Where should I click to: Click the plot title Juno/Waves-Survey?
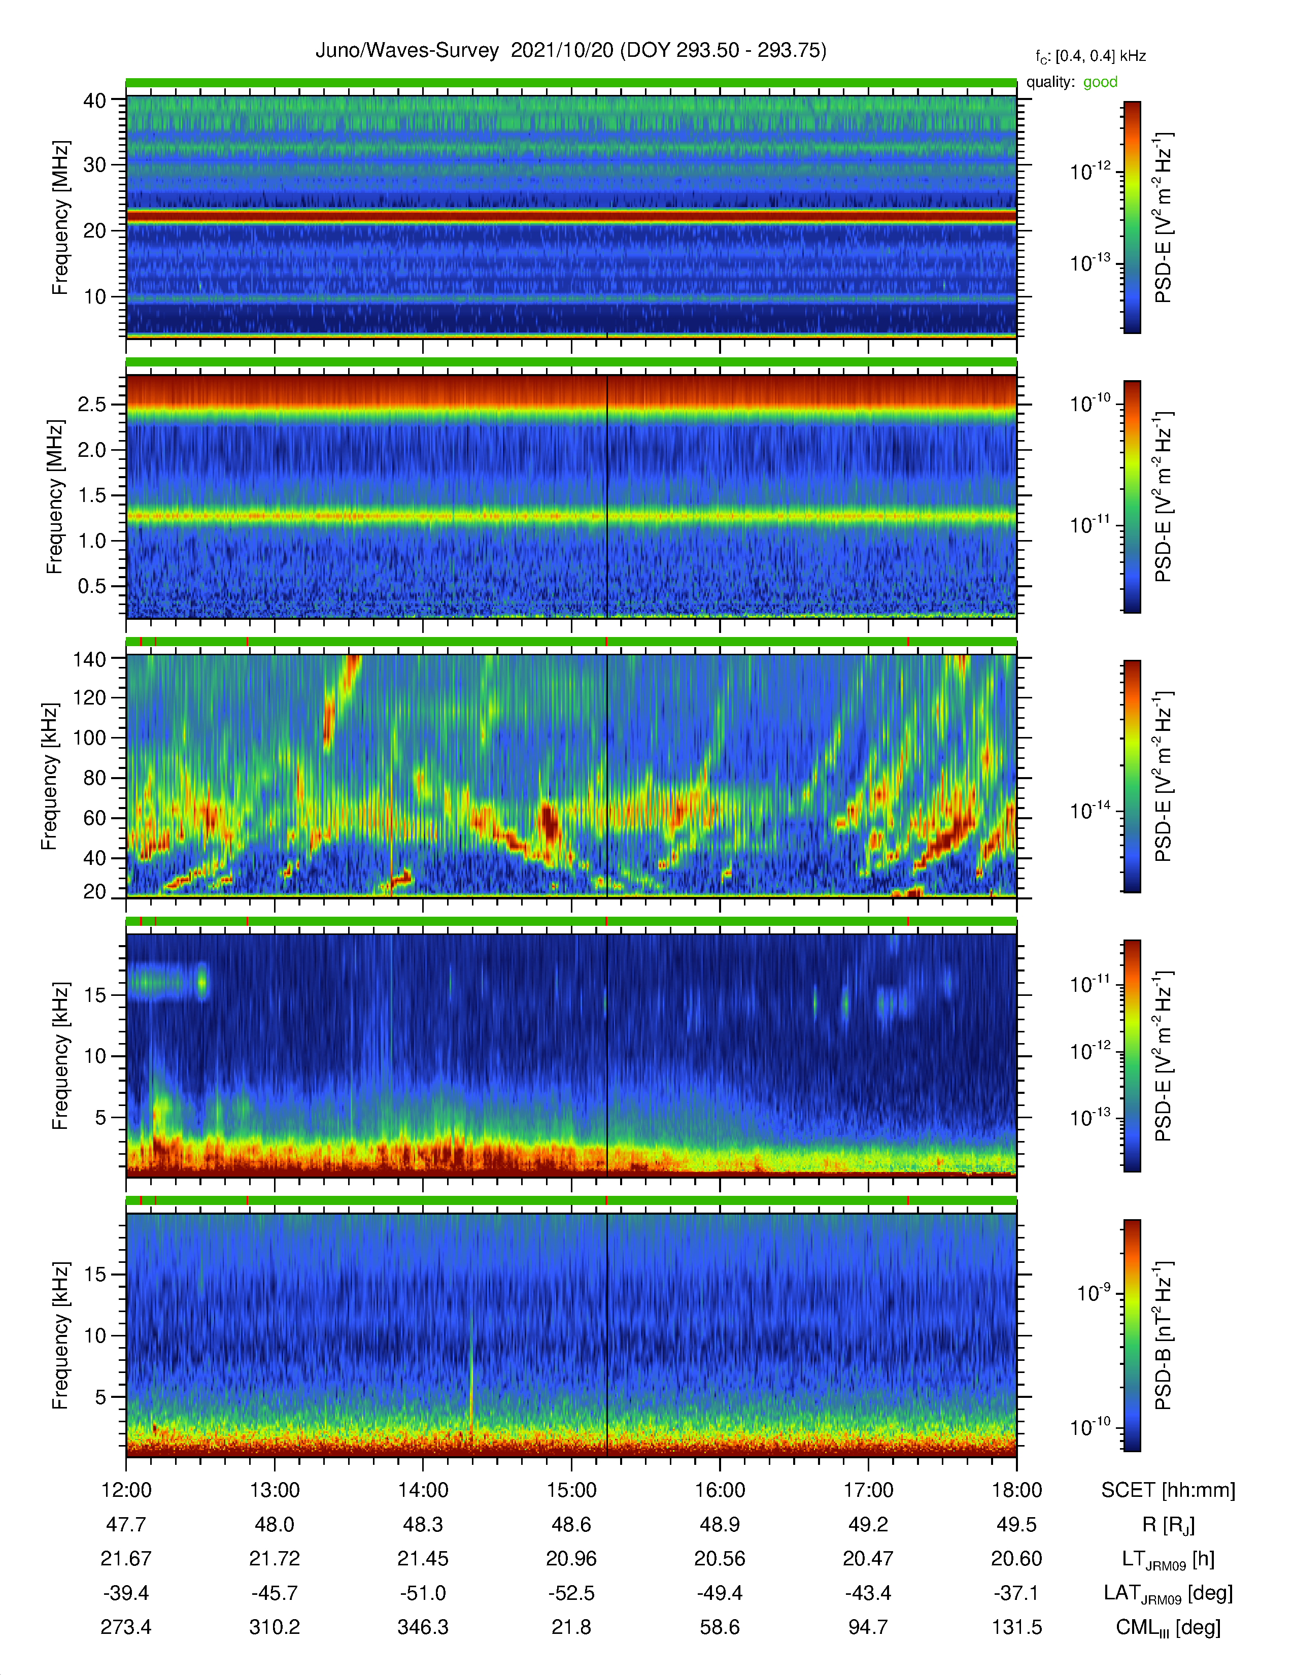point(406,51)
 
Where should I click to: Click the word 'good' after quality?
point(1100,82)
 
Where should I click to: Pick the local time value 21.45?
point(423,1558)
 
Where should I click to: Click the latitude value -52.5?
point(571,1593)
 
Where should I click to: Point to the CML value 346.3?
point(423,1627)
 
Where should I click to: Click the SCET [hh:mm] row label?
point(1168,1490)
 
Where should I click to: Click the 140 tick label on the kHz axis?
point(89,659)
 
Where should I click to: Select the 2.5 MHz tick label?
point(92,404)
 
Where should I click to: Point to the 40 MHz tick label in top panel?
point(95,100)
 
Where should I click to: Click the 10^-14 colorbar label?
point(1090,810)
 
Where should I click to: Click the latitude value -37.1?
point(1016,1593)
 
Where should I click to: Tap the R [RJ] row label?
point(1168,1525)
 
